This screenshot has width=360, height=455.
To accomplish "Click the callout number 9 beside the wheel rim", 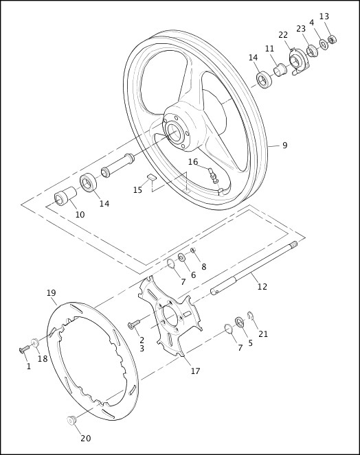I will [x=284, y=145].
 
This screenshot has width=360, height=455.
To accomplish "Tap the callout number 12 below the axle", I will [x=262, y=286].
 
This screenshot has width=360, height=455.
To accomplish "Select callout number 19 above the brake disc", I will [x=51, y=293].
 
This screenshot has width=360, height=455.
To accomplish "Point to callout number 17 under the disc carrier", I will [x=195, y=371].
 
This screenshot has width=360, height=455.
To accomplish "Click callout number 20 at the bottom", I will [x=85, y=439].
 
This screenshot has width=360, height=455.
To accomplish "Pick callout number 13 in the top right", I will [x=324, y=16].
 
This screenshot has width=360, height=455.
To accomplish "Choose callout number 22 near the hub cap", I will [x=283, y=35].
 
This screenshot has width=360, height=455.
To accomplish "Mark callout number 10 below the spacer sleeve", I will [x=80, y=215].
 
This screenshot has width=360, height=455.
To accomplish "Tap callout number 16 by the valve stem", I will [x=193, y=162].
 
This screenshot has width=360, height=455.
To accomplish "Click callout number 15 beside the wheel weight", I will [x=137, y=190].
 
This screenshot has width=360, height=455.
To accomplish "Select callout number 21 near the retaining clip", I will [x=263, y=334].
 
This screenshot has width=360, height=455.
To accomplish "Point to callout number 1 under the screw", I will [x=28, y=366].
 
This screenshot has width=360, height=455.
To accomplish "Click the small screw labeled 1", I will [x=24, y=350].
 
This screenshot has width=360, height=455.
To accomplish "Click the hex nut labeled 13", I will [x=332, y=39].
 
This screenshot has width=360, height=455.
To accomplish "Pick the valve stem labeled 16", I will [x=214, y=176].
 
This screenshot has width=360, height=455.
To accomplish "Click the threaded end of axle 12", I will [x=293, y=245].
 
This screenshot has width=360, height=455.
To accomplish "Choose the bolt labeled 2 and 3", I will [x=133, y=323].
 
